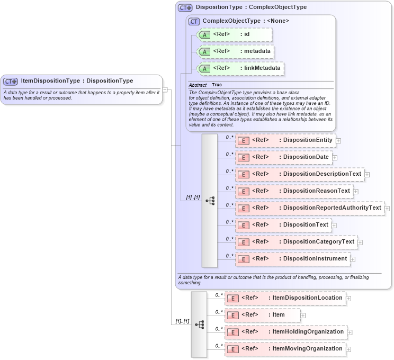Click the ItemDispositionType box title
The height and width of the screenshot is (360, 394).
pos(77,81)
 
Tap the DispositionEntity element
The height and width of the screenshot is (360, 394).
pos(285,140)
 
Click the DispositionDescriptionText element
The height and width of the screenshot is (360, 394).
pos(300,174)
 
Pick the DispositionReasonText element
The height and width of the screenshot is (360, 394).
pos(294,191)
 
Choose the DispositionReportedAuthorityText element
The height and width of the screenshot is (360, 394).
pos(309,208)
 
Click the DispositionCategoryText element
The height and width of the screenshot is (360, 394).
pos(296,242)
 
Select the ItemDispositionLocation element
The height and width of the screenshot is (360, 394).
pos(285,298)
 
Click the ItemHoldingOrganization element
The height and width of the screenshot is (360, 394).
pos(286,332)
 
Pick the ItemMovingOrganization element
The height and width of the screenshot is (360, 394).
pos(285,349)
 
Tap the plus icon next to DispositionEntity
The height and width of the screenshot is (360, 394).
pos(338,141)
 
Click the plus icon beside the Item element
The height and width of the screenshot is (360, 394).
pos(303,316)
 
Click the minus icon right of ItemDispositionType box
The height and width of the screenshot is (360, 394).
pos(165,89)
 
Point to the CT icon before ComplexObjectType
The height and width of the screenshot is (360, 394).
pos(194,21)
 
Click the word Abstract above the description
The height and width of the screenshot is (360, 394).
pos(198,85)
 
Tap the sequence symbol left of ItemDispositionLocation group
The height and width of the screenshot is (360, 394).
pos(199,324)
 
